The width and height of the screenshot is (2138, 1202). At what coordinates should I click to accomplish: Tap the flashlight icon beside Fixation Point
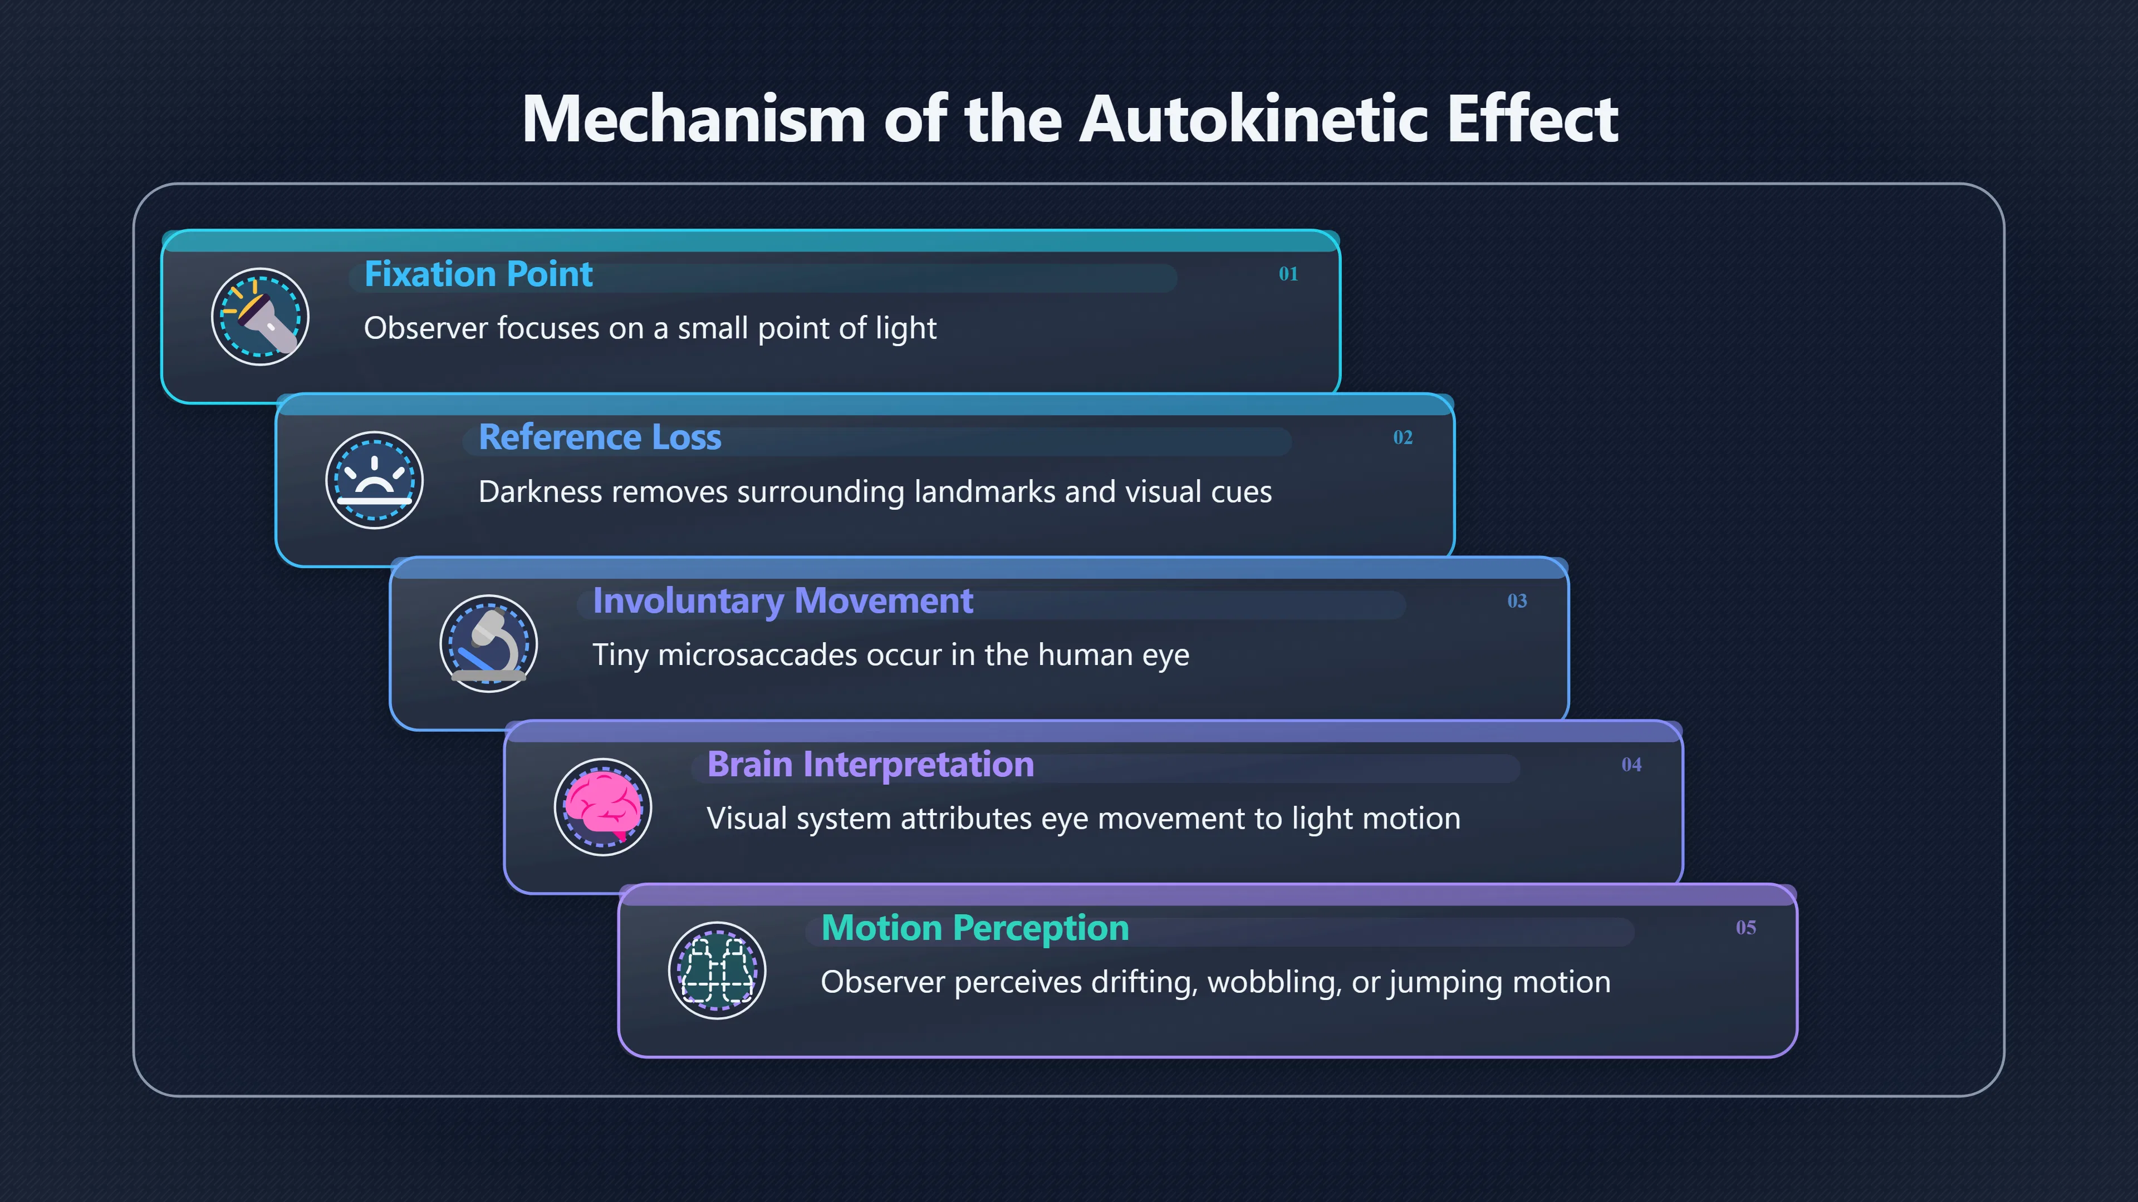[260, 316]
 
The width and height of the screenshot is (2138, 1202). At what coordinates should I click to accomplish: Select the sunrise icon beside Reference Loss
[374, 480]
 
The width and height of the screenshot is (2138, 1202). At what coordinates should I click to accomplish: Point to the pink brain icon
[604, 806]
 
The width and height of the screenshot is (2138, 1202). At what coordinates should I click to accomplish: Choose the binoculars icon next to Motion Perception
[717, 970]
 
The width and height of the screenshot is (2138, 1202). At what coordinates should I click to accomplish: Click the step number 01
[1288, 274]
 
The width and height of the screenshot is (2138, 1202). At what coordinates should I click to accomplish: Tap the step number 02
[1403, 437]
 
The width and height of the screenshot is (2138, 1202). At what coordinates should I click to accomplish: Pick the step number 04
[1632, 764]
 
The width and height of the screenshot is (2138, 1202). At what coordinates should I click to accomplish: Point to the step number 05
[1746, 928]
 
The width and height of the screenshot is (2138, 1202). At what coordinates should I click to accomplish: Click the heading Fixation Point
[479, 274]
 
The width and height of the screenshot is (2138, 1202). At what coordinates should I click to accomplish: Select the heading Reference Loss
[600, 437]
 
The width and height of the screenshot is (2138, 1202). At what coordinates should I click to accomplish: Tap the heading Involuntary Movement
[783, 602]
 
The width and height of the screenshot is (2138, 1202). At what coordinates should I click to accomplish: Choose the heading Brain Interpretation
[871, 765]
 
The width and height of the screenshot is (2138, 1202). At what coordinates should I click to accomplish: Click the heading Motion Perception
[975, 928]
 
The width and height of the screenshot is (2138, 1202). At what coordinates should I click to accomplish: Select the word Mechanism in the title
[695, 119]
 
